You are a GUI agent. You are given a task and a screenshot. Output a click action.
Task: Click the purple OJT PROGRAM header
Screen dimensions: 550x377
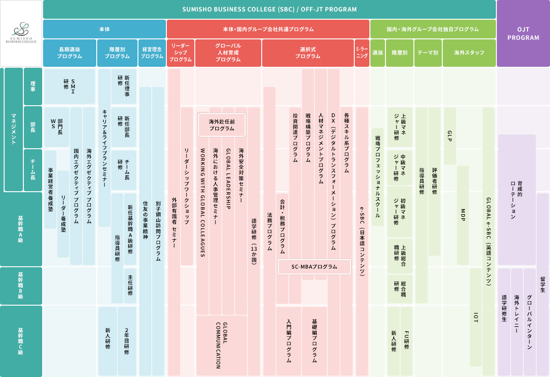pyautogui.click(x=523, y=33)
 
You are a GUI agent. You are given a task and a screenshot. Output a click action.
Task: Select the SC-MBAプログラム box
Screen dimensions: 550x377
pyautogui.click(x=314, y=267)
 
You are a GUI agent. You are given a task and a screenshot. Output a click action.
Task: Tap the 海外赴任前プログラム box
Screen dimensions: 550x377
pyautogui.click(x=222, y=125)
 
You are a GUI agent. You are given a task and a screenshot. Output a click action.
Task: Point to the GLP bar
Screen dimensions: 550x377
pyautogui.click(x=450, y=136)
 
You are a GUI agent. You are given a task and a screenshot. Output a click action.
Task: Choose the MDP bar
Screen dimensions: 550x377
pyautogui.click(x=463, y=215)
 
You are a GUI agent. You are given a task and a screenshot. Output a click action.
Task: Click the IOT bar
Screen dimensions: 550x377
pyautogui.click(x=476, y=317)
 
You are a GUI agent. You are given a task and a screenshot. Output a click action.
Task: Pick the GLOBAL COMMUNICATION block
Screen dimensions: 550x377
pyautogui.click(x=222, y=345)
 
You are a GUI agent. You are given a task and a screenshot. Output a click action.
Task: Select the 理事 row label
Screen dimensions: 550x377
pyautogui.click(x=33, y=86)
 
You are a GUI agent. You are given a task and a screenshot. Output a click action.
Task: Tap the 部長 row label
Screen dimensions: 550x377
pyautogui.click(x=33, y=127)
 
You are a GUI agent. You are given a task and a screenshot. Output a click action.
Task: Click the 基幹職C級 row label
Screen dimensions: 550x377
pyautogui.click(x=21, y=341)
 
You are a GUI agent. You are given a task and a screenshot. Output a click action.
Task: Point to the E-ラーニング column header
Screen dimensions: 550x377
pyautogui.click(x=362, y=53)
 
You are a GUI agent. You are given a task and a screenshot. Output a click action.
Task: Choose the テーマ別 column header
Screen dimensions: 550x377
pyautogui.click(x=428, y=53)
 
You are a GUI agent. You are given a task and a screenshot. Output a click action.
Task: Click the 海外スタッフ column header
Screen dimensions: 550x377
pyautogui.click(x=469, y=53)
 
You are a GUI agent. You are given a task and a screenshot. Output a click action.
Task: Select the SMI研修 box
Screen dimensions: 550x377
pyautogui.click(x=70, y=86)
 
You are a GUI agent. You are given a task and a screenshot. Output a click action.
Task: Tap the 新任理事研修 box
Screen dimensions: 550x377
pyautogui.click(x=124, y=86)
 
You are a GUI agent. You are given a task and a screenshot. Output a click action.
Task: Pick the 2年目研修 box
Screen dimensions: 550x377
pyautogui.click(x=126, y=341)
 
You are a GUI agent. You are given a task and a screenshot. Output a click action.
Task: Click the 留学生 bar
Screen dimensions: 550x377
pyautogui.click(x=543, y=285)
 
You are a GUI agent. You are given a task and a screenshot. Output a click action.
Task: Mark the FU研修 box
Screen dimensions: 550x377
pyautogui.click(x=407, y=341)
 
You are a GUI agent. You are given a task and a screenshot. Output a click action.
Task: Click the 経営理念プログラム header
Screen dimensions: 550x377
pyautogui.click(x=152, y=53)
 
